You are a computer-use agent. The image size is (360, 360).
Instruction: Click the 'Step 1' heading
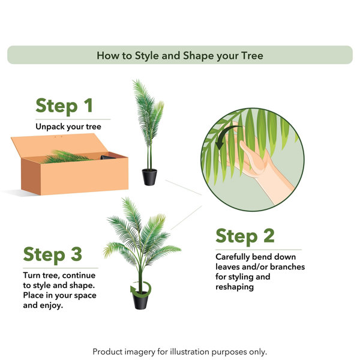click(x=64, y=106)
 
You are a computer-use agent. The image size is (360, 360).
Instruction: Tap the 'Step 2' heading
click(x=245, y=236)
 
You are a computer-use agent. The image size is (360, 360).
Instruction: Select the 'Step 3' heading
click(x=53, y=254)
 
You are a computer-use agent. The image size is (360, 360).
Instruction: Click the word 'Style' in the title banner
click(x=147, y=56)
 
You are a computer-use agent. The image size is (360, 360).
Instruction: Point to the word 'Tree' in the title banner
click(x=252, y=56)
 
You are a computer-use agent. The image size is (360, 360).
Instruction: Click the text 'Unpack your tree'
click(x=68, y=127)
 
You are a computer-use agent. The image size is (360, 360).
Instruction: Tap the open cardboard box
click(x=70, y=164)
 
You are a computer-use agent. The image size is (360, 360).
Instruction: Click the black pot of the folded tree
click(x=149, y=177)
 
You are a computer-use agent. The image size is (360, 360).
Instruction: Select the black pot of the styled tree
click(x=140, y=301)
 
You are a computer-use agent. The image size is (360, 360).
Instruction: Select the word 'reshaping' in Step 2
click(x=235, y=287)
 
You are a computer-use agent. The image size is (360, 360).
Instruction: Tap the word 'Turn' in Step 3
click(x=31, y=275)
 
